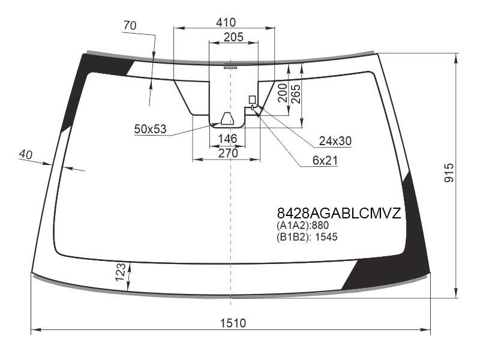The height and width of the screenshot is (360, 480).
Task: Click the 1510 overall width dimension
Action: click(x=233, y=323)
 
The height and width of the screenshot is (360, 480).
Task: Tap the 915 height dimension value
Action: click(x=449, y=173)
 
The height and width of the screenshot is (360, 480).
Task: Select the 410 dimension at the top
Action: click(x=226, y=22)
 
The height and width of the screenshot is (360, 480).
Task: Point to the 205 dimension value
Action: click(x=233, y=37)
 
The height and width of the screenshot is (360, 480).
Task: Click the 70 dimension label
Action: click(x=130, y=25)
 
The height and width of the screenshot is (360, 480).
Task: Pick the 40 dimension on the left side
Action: click(x=25, y=154)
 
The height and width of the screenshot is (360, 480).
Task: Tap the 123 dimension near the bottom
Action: click(x=121, y=272)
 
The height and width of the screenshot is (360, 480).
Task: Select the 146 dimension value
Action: click(x=227, y=139)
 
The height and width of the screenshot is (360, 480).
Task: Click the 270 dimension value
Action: click(x=228, y=153)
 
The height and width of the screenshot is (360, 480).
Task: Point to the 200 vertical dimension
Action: click(x=282, y=93)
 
